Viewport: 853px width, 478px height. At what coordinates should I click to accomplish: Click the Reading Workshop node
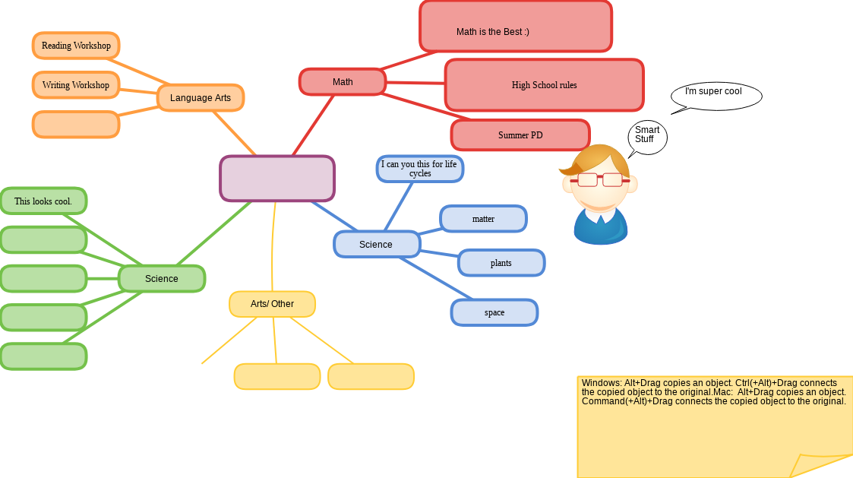(x=76, y=46)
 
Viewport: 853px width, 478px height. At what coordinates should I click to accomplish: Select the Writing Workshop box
(x=76, y=85)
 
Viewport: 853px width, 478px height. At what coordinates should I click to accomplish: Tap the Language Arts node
(x=201, y=98)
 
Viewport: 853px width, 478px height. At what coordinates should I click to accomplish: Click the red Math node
(x=343, y=82)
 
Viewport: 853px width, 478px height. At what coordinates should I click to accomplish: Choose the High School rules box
(x=544, y=85)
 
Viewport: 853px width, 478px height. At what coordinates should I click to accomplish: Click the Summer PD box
(x=520, y=135)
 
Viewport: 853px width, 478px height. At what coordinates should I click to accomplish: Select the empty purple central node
(x=277, y=179)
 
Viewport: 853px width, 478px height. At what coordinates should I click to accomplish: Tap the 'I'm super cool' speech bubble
(x=716, y=95)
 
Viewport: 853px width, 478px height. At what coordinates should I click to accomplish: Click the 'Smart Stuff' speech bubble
(x=648, y=137)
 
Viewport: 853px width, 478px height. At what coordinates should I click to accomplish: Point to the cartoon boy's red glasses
(x=600, y=180)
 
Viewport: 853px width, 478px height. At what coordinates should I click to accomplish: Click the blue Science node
(x=377, y=245)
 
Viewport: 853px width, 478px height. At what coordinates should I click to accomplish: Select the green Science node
(x=162, y=279)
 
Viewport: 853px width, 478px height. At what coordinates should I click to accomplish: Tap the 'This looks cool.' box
(x=43, y=201)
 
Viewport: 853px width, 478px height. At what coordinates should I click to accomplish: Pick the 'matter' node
(x=483, y=219)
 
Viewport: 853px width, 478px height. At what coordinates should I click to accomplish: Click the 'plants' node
(x=501, y=263)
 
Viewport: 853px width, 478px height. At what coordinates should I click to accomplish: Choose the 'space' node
(x=494, y=312)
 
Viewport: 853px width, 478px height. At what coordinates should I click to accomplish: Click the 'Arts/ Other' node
(x=272, y=304)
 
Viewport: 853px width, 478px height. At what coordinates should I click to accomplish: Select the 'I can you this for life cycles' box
(x=420, y=169)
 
